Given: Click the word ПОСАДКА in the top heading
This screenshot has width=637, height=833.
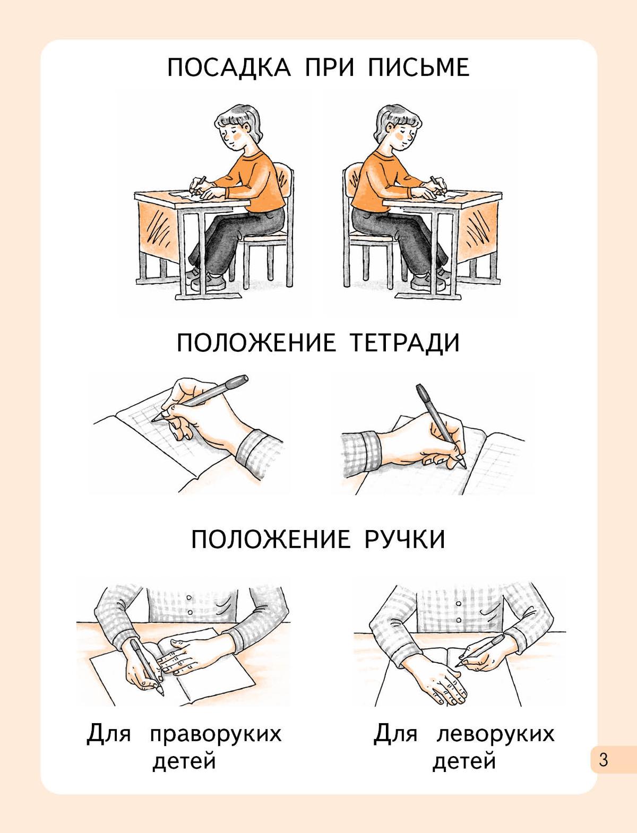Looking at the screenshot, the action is (x=229, y=67).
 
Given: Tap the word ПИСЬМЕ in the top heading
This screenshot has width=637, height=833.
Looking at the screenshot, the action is (x=419, y=67).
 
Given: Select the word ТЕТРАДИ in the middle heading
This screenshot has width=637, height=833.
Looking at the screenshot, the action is (x=404, y=343).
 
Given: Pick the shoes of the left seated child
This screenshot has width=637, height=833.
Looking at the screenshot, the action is (x=205, y=280).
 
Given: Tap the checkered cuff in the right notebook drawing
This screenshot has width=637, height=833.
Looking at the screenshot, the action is (x=360, y=452).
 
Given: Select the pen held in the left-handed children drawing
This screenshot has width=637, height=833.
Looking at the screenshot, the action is (x=480, y=650).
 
